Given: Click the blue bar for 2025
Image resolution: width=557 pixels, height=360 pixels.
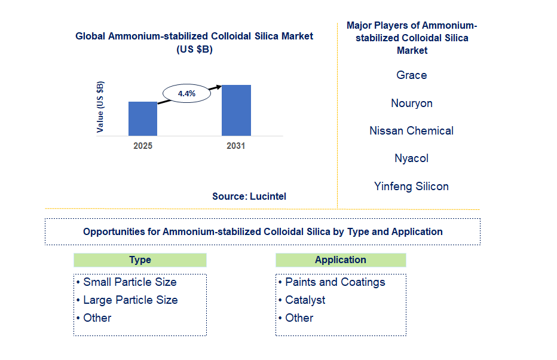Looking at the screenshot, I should [143, 118].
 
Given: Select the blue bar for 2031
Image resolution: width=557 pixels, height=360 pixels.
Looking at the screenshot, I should [236, 110].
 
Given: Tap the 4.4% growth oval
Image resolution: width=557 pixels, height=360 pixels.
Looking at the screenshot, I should [186, 93].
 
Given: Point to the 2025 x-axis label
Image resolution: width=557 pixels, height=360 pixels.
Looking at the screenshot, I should [143, 146].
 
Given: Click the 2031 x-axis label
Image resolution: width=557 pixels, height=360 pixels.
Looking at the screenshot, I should [235, 146].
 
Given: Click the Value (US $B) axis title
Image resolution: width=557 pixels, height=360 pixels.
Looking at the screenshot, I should [100, 106].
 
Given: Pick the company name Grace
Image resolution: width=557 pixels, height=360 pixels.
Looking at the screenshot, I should [411, 75].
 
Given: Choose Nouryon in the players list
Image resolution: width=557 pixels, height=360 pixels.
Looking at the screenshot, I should [411, 103].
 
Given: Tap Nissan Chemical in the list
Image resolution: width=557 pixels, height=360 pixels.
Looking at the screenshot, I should [411, 131].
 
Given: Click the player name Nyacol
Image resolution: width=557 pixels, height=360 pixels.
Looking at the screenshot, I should [411, 158].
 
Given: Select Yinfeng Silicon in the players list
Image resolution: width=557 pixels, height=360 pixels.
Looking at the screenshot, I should [411, 187].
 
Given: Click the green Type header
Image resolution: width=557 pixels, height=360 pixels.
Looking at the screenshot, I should [140, 260].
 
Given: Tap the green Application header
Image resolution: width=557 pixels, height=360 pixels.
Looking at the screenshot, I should [341, 260].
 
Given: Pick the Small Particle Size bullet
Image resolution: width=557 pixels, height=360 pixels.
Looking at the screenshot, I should [130, 282].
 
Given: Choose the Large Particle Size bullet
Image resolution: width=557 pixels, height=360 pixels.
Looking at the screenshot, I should [130, 300].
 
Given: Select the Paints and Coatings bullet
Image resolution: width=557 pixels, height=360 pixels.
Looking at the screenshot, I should [335, 282].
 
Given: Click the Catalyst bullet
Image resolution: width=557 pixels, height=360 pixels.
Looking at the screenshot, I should [305, 300].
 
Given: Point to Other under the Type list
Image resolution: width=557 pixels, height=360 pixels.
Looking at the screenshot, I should [97, 318].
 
